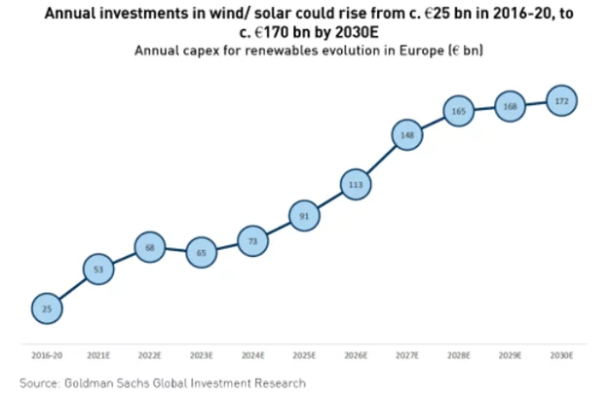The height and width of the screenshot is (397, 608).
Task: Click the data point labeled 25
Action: point(47,308)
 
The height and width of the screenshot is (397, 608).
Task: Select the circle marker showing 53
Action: point(98,268)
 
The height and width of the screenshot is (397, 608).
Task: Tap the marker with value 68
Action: point(150,248)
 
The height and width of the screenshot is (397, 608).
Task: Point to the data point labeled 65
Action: point(202,252)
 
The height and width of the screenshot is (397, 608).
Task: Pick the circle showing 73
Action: point(253,240)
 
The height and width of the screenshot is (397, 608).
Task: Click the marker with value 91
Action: point(304,216)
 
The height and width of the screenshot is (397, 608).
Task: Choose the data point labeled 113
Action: point(356,184)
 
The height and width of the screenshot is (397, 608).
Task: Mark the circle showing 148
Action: point(407,136)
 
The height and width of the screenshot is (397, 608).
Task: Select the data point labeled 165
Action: point(459,112)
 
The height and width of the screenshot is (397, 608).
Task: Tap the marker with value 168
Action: point(511,106)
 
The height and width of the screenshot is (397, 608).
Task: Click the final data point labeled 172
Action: point(562,100)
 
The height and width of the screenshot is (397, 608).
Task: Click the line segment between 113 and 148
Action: point(382,160)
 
